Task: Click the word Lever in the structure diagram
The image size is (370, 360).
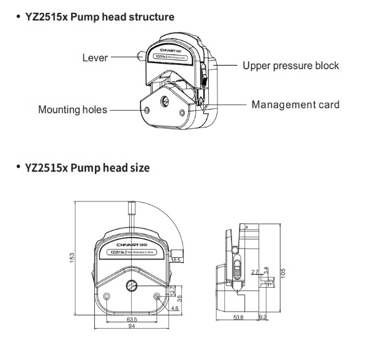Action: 95,58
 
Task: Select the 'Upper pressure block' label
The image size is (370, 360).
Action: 290,66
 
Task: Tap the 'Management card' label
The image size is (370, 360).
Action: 295,105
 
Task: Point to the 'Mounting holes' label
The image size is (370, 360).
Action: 72,110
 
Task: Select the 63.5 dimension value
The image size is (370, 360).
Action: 131,319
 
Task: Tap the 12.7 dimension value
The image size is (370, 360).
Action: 173,290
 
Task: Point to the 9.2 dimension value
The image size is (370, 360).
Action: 262,317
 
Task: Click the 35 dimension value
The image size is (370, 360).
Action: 179,299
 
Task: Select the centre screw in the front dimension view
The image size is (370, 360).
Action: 131,286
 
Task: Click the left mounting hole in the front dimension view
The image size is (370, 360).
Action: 108,298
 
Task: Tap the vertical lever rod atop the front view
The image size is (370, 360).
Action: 131,215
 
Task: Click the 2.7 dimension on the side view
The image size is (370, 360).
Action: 254,272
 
